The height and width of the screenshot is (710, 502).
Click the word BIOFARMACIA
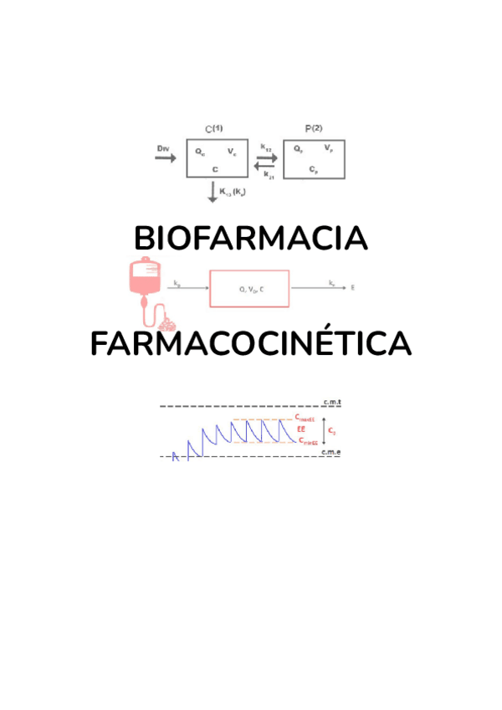tap(250, 239)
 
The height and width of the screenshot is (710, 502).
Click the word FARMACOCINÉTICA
tap(250, 344)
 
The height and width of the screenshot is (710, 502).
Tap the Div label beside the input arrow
tap(163, 148)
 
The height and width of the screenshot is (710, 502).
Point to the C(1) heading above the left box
tap(214, 128)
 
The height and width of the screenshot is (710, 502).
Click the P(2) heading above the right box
tap(314, 128)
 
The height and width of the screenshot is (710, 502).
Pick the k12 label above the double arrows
tap(265, 147)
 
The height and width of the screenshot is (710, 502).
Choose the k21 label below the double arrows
tap(268, 175)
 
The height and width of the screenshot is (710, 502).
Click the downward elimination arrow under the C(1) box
tap(212, 193)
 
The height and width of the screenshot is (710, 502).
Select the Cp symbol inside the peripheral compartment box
tap(312, 169)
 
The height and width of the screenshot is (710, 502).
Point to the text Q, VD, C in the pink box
tap(249, 289)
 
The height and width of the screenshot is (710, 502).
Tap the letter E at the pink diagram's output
tap(353, 288)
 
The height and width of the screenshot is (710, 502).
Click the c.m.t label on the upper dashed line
tap(332, 403)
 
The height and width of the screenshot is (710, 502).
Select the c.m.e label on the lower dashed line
tap(331, 452)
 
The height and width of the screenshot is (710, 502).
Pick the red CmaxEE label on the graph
tap(305, 418)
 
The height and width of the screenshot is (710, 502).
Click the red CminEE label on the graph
tap(305, 441)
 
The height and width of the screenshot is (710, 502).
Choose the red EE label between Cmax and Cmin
tap(301, 430)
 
